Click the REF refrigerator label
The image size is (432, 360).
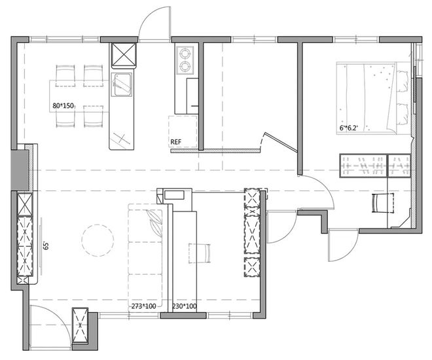coord(176,142)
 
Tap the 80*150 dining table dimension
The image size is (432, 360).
coord(63,105)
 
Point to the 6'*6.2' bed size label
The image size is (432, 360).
coord(348,128)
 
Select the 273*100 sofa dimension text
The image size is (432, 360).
coord(143,306)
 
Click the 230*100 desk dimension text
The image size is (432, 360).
coord(185,306)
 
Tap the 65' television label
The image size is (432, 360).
coord(46,245)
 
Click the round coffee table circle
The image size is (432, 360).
coord(98,240)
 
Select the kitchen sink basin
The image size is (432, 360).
coord(122,85)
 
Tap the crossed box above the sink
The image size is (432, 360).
coord(124,56)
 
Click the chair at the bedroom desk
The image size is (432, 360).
coord(383,203)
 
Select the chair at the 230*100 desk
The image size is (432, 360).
coord(200,253)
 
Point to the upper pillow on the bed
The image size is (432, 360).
coord(403,81)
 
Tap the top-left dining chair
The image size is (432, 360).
coord(65,76)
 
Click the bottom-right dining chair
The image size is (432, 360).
coord(94,117)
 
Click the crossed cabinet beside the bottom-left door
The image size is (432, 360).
coord(80,325)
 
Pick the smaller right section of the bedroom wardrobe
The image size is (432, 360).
coord(399,166)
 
